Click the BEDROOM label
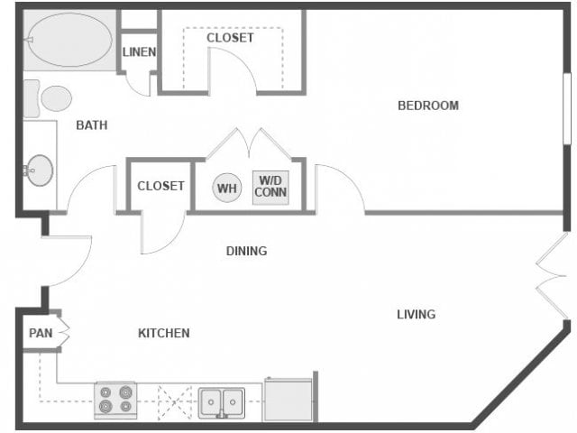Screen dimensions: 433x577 pos(428,106)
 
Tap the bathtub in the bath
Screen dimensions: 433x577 pos(69,41)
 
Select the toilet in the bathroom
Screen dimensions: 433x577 pos(50,97)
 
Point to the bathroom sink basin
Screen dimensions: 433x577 pos(40,170)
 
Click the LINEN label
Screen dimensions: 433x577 pos(139,52)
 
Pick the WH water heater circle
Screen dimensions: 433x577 pos(226,189)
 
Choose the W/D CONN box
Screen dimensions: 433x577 pos(270,188)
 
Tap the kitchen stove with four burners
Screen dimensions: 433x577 pos(115,400)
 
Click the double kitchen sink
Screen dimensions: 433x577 pos(222,401)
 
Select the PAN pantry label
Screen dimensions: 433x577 pos(40,333)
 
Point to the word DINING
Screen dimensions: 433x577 pos(246,251)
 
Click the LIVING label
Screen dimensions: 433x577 pos(416,314)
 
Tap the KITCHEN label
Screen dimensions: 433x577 pos(163,333)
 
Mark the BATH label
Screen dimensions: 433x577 pos(92,125)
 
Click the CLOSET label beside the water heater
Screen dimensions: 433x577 pos(160,186)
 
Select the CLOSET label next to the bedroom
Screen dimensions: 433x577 pos(230,38)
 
